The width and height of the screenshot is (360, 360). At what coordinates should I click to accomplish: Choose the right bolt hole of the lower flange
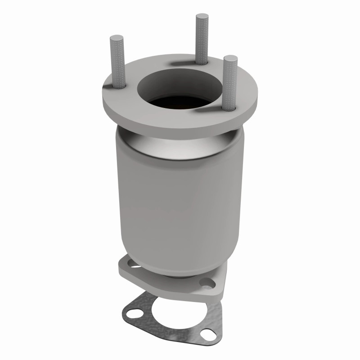(x=207, y=284)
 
